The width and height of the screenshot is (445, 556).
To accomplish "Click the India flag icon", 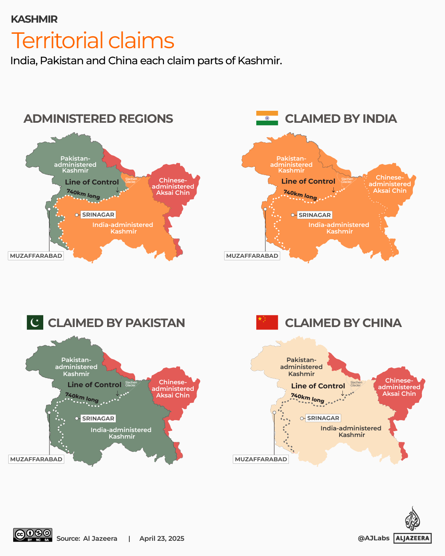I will (267, 118).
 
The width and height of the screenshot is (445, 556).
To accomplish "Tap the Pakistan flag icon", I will (35, 322).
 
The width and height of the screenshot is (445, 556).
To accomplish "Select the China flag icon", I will (267, 322).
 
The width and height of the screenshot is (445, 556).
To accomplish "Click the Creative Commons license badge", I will (33, 535).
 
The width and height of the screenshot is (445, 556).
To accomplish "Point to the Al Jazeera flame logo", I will (412, 519).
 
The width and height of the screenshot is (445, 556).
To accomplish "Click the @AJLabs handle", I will (373, 538).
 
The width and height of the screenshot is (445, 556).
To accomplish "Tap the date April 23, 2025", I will (162, 538).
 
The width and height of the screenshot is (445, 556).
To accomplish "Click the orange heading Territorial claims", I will (93, 40).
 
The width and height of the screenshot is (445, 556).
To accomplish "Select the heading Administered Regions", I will (98, 119).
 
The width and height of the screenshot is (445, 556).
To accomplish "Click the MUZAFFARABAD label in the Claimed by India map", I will (252, 256).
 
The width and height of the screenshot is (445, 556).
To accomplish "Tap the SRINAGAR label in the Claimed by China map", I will (323, 418).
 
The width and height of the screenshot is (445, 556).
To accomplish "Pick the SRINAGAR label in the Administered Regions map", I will (98, 215).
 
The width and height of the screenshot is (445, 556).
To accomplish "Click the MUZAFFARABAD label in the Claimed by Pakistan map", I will (36, 459).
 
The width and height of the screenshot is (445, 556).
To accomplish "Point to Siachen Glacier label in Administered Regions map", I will (131, 180).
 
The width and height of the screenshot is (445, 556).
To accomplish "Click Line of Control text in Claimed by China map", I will (318, 386).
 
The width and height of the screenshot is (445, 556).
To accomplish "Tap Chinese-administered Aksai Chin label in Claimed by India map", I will (389, 184).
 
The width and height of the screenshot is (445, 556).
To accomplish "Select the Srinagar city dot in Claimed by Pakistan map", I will (77, 418).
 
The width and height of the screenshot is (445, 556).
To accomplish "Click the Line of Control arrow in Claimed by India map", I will (333, 190).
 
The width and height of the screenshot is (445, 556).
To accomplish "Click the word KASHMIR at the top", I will (34, 19).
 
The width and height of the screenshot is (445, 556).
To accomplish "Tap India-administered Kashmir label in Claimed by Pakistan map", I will (121, 433).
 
